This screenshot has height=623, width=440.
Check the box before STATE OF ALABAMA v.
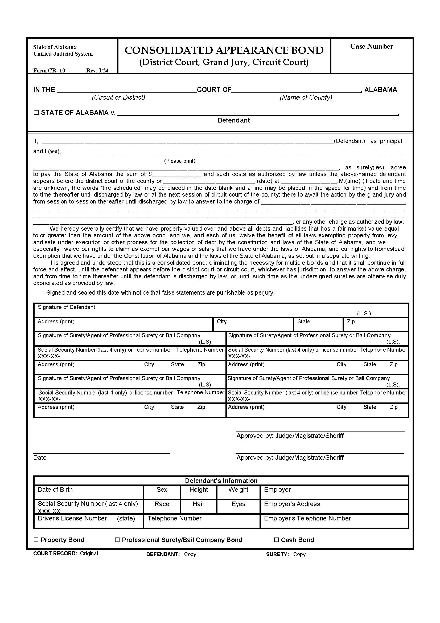point(36,112)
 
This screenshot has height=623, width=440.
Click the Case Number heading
point(371,47)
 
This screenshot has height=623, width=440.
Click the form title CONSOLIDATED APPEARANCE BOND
point(224,50)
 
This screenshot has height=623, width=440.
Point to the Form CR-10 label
point(49,71)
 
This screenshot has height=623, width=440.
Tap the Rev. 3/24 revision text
point(97,71)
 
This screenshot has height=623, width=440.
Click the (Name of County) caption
point(306,97)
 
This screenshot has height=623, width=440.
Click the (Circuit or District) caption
point(118,97)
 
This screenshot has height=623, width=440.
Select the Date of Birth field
point(88,493)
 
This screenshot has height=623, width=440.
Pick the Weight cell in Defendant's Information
point(238,493)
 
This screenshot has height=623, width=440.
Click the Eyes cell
point(238,507)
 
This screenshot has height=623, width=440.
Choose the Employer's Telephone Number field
point(334,522)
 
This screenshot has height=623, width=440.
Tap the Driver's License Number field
point(88,522)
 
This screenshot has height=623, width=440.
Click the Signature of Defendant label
point(67,307)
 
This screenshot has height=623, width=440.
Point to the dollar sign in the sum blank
point(150,174)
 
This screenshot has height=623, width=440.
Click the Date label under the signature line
point(40,458)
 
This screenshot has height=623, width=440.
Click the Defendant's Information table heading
point(221,481)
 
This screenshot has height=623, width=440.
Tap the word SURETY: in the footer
point(277,554)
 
